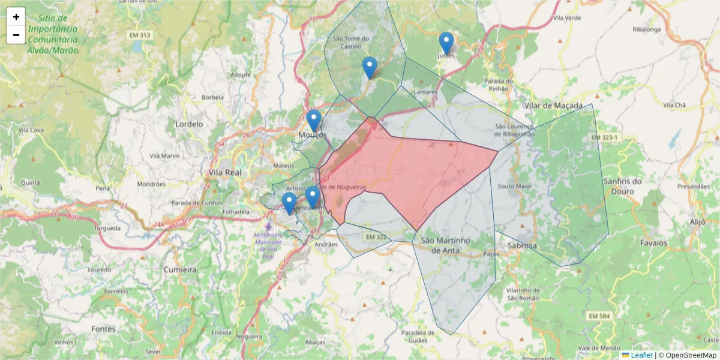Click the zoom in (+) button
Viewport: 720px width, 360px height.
point(16,17)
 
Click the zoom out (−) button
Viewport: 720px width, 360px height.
point(16,35)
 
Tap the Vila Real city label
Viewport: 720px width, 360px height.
point(225,172)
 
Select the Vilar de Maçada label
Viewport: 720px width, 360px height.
point(553,106)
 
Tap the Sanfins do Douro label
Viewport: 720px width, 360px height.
point(623,186)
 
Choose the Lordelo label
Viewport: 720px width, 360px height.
point(189,124)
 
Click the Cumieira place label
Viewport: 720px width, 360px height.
point(180,270)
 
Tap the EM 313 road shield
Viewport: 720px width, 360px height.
point(139,35)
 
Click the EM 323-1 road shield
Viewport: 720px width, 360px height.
point(604,138)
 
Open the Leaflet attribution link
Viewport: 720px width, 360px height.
point(641,355)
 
